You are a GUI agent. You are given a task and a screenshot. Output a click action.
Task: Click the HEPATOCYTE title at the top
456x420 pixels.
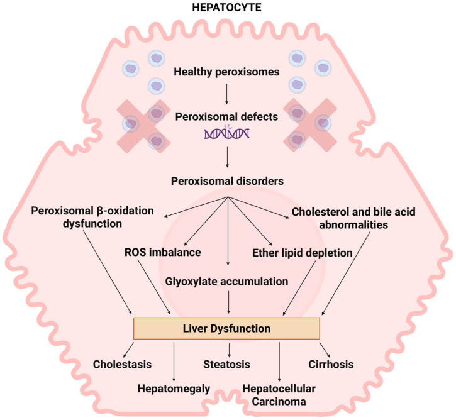[228, 11]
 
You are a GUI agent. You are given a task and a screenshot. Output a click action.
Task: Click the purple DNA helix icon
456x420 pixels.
[228, 133]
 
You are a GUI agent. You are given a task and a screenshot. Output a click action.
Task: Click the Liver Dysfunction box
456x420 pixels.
[228, 328]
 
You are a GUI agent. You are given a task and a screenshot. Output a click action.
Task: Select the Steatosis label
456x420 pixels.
[228, 364]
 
